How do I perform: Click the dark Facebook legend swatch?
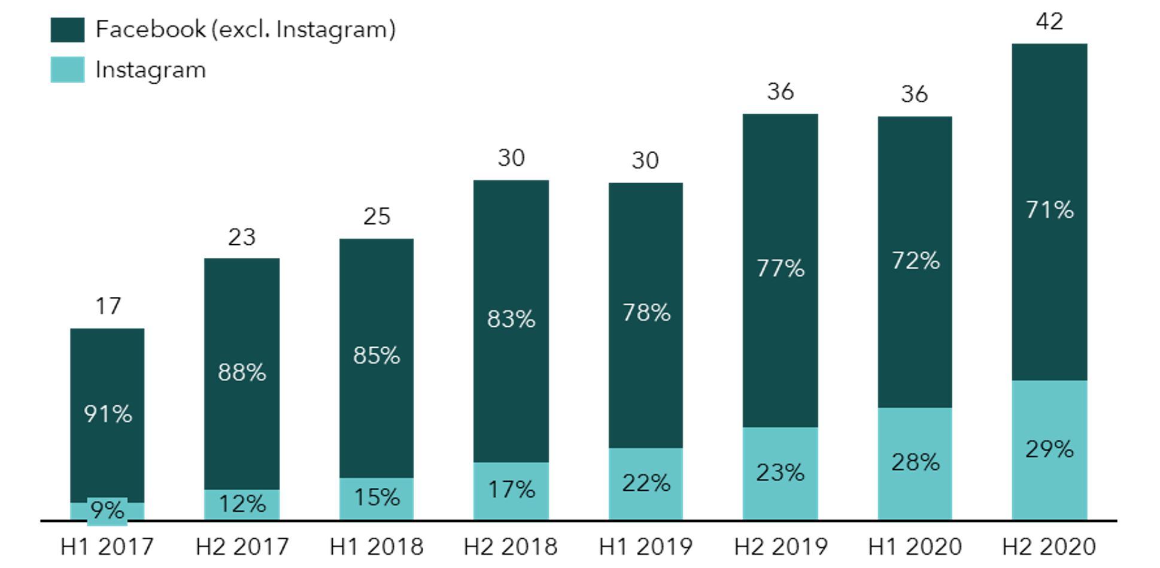click(x=67, y=29)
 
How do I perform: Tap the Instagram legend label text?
click(x=150, y=70)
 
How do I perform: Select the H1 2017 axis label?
click(x=107, y=546)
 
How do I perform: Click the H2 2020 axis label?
click(x=1049, y=546)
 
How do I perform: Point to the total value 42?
click(x=1049, y=22)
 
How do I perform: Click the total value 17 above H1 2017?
click(x=108, y=306)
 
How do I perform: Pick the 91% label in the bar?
click(x=108, y=414)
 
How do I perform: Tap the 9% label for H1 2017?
click(x=107, y=511)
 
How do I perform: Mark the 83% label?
click(x=511, y=319)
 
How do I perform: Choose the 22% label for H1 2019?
click(x=646, y=483)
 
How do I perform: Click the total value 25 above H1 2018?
click(x=376, y=216)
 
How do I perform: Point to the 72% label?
click(x=915, y=260)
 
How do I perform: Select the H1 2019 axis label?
click(x=645, y=546)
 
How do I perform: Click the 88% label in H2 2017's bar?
click(x=242, y=372)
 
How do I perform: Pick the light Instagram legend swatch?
click(x=67, y=69)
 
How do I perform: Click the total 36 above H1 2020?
click(x=914, y=94)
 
